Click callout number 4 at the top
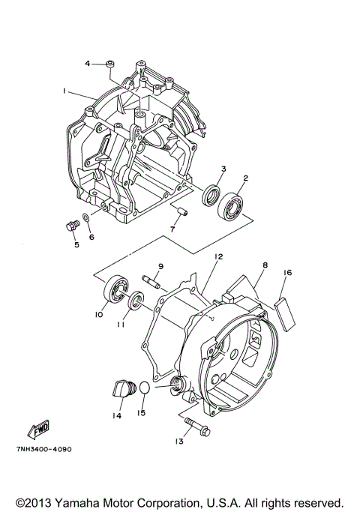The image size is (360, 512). click(87, 64)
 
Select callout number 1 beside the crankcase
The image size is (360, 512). click(65, 91)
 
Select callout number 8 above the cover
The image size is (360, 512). click(265, 265)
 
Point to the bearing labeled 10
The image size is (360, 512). click(117, 291)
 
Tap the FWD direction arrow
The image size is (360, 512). click(37, 430)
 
